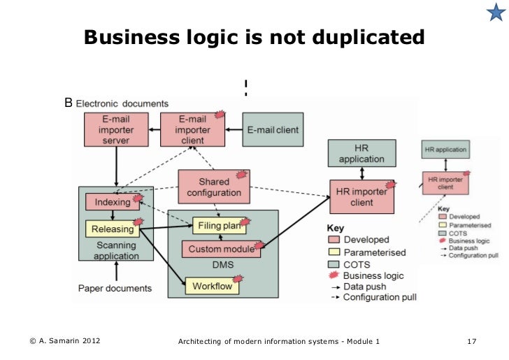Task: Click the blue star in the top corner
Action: (494, 14)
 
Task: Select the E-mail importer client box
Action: (192, 129)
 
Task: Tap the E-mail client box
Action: (273, 129)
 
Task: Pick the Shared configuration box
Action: (214, 187)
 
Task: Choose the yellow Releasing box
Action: (112, 229)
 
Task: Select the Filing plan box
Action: (220, 226)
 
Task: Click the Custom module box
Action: (220, 249)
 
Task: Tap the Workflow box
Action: (212, 286)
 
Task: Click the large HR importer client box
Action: (361, 197)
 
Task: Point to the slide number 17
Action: (471, 341)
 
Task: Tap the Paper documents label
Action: (114, 288)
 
